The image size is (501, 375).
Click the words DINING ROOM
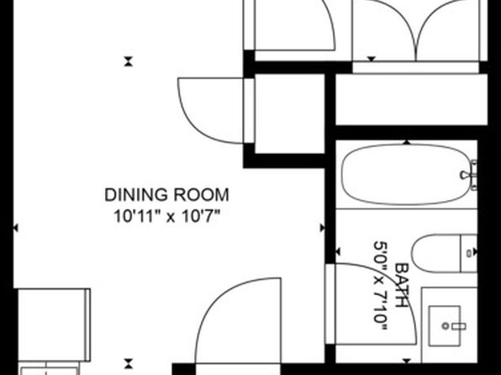click(166, 195)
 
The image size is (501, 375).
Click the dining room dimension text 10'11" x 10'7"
click(167, 216)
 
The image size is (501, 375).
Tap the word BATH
click(402, 286)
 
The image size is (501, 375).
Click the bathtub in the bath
click(406, 175)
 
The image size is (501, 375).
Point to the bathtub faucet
click(470, 175)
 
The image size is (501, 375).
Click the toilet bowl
click(435, 253)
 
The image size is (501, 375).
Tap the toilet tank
click(469, 253)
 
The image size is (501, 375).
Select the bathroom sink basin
click(445, 325)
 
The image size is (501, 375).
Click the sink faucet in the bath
click(454, 326)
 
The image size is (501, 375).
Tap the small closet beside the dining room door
click(289, 114)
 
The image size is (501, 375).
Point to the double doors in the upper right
click(416, 30)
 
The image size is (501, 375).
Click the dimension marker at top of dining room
click(128, 61)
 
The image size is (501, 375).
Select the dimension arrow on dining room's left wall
click(16, 228)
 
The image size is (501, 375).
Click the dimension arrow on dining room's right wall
click(323, 228)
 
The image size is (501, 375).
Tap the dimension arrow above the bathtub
click(406, 142)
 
